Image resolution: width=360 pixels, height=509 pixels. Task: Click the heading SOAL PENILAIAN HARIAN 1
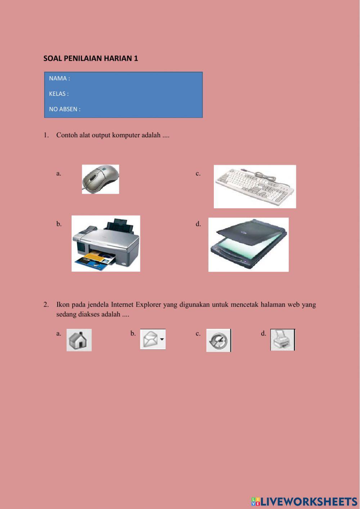click(91, 58)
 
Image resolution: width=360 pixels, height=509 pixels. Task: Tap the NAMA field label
click(59, 79)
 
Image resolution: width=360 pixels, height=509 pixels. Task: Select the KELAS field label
click(59, 94)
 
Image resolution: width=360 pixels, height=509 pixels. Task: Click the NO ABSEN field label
click(65, 109)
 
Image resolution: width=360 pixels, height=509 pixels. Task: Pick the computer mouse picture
click(100, 179)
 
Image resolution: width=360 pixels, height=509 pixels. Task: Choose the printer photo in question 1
click(106, 243)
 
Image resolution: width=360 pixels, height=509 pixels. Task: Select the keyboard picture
click(255, 187)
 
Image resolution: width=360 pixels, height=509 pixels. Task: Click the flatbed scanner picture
click(248, 245)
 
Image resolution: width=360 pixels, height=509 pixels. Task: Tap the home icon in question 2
click(79, 340)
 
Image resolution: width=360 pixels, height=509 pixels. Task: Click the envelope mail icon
click(152, 339)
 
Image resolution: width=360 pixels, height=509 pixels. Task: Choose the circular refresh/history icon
click(219, 340)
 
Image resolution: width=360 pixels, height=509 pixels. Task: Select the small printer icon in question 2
click(282, 340)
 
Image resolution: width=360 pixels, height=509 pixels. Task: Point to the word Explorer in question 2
click(148, 305)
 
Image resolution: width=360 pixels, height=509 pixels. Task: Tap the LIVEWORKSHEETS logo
click(304, 501)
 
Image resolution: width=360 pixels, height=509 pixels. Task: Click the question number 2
click(46, 305)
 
